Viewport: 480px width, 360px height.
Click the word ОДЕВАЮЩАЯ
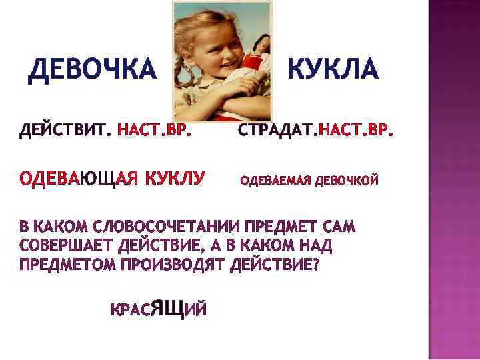[x=79, y=178]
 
